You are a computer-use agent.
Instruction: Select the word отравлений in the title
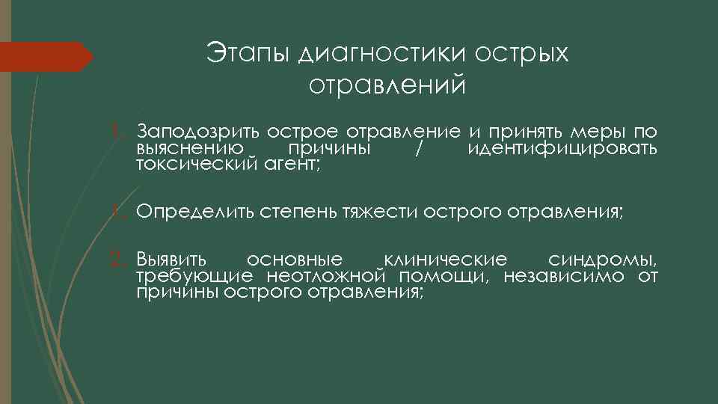click(387, 85)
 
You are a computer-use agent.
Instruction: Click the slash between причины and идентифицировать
click(418, 148)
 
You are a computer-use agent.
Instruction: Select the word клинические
click(445, 260)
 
